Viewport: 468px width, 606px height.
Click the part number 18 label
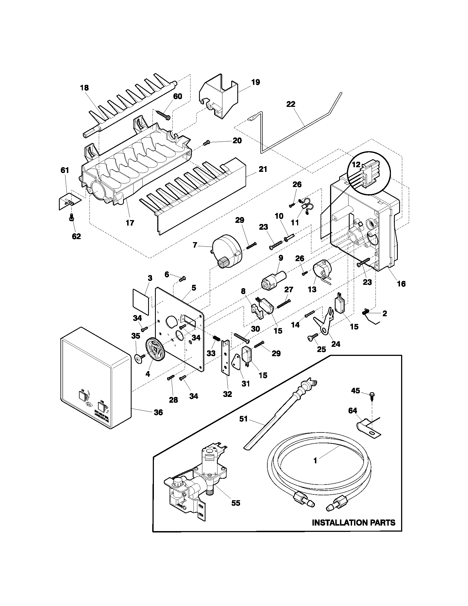click(x=84, y=88)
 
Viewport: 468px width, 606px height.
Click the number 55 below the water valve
click(x=236, y=503)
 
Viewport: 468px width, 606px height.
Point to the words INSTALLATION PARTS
click(x=353, y=523)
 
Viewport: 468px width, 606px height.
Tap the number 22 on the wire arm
click(x=291, y=104)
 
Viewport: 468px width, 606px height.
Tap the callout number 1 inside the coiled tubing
click(x=315, y=461)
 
